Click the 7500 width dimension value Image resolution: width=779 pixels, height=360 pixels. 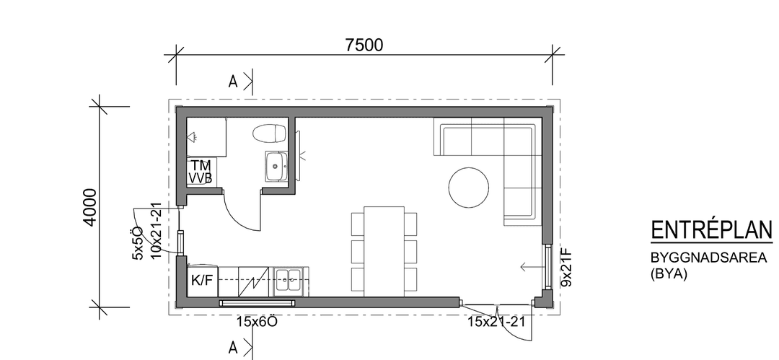[364, 45]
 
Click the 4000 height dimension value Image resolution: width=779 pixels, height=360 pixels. [90, 207]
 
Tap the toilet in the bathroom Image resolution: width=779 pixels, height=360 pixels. [270, 133]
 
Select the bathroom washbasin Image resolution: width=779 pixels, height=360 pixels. [276, 166]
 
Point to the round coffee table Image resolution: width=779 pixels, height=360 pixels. [469, 188]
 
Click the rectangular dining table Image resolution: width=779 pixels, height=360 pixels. [384, 251]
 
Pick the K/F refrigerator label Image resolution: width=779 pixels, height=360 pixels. [202, 281]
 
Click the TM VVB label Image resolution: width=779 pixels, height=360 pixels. [201, 172]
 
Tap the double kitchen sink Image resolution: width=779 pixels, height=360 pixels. [289, 282]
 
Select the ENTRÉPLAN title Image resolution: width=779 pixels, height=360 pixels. [712, 230]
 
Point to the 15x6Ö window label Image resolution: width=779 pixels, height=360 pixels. [256, 322]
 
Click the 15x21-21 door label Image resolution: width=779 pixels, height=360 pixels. [496, 322]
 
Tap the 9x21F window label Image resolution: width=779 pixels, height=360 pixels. [567, 268]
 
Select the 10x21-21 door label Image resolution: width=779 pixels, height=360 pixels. [157, 231]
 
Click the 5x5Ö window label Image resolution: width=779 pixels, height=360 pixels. [138, 243]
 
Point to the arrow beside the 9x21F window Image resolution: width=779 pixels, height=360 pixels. [532, 267]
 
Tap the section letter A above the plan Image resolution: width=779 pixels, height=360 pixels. [233, 82]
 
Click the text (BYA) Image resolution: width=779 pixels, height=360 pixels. [669, 274]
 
